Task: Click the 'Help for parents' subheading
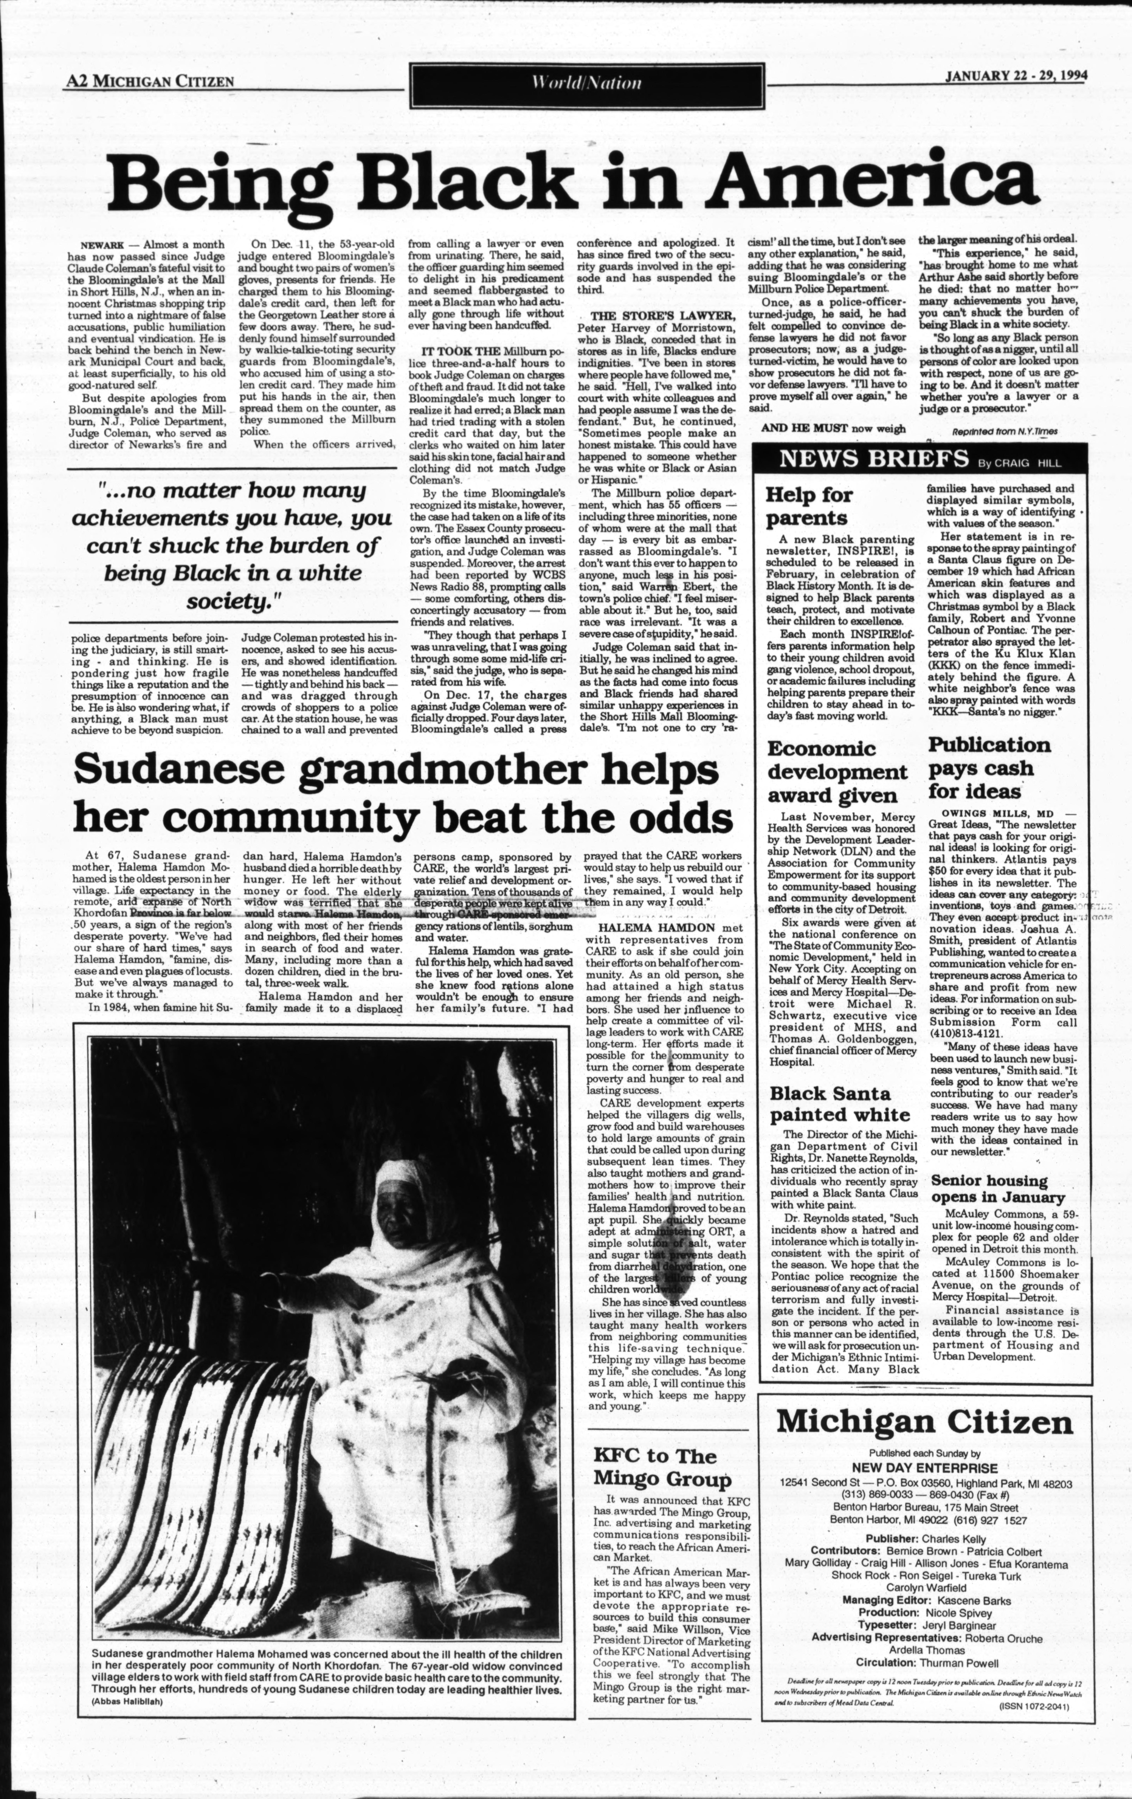809,506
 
